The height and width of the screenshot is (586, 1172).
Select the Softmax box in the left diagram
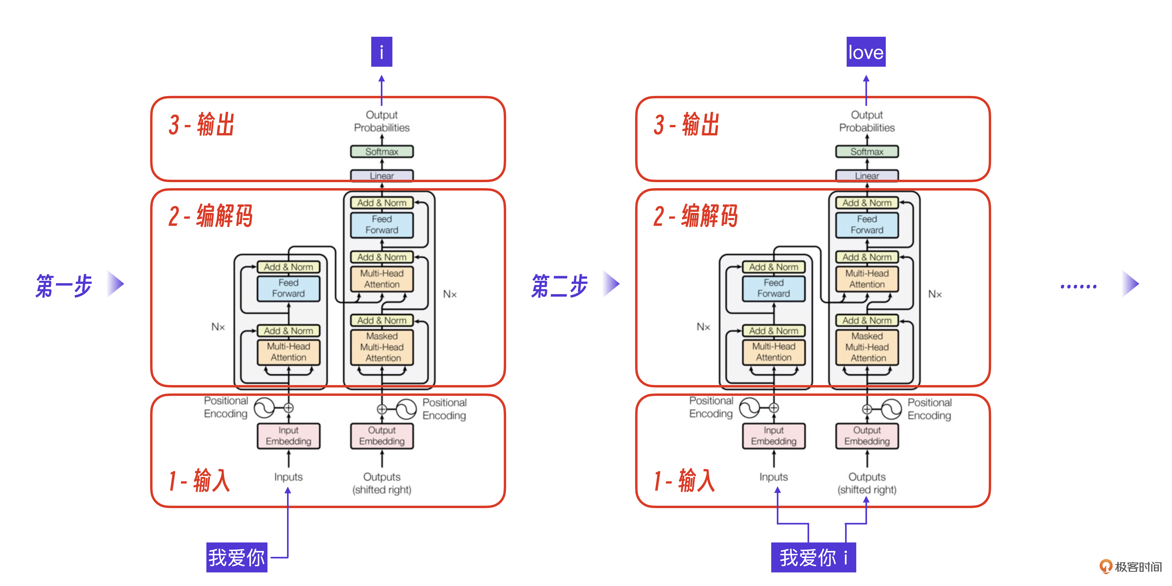pyautogui.click(x=382, y=152)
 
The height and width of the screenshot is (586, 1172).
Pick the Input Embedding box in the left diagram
pyautogui.click(x=288, y=436)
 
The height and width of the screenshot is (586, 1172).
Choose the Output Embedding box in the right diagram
pyautogui.click(x=867, y=436)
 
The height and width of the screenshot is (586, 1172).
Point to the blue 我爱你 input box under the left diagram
pyautogui.click(x=237, y=557)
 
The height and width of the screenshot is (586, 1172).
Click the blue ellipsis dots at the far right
pyautogui.click(x=1078, y=286)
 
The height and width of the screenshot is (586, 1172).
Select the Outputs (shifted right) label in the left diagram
pyautogui.click(x=382, y=483)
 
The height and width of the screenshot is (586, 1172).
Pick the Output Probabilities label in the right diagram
pyautogui.click(x=867, y=121)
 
